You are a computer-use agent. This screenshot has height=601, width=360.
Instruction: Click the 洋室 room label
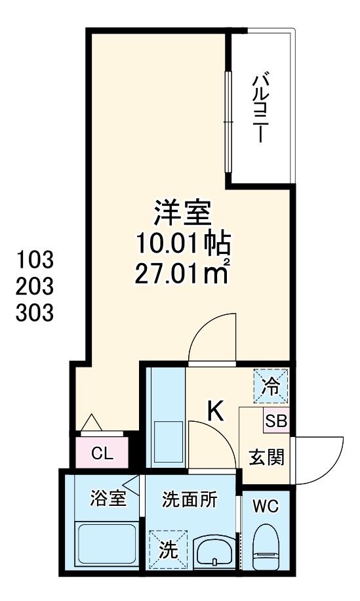pos(183,214)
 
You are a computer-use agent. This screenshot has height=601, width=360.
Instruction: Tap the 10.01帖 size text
pos(183,243)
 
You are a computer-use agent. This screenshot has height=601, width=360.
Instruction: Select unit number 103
pos(33,260)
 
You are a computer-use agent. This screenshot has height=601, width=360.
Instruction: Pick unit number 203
pos(33,287)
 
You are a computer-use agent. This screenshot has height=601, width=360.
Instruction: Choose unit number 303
pos(33,314)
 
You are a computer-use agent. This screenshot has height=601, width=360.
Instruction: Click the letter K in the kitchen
pos(216,411)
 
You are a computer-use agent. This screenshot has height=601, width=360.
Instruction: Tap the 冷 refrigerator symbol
pos(271,386)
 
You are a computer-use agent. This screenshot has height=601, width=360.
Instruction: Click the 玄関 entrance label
pos(266,457)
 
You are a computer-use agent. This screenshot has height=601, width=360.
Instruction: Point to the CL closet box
pos(102,452)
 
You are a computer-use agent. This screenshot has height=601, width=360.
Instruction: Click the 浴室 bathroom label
pos(108,499)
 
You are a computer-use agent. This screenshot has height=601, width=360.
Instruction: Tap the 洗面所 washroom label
pos(190,499)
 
